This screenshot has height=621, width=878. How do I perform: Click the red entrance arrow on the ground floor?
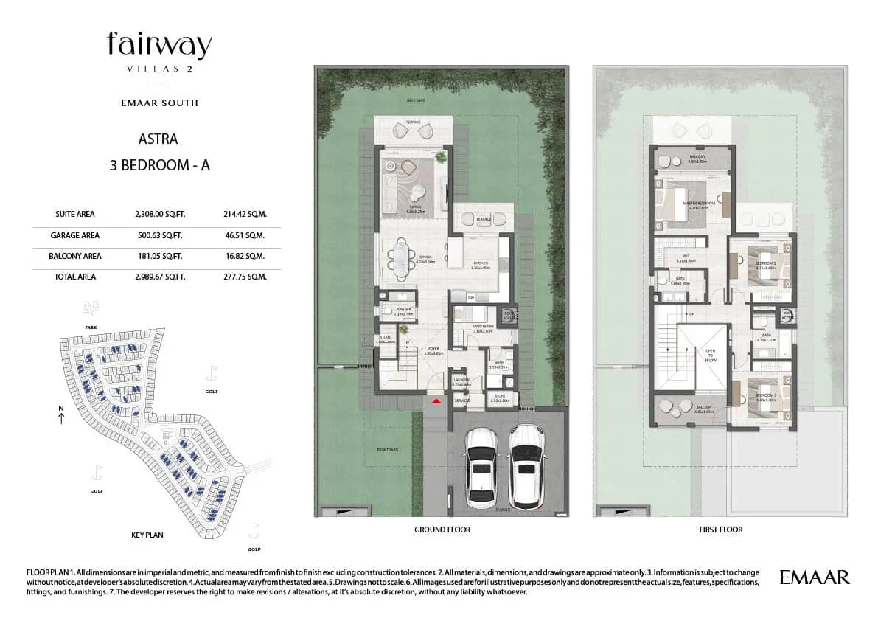click(436, 400)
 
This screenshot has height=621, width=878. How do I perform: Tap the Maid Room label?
click(484, 328)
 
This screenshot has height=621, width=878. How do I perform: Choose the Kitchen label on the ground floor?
click(480, 263)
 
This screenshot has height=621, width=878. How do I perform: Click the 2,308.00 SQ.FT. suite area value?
click(159, 214)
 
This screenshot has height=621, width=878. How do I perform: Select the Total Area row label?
click(76, 277)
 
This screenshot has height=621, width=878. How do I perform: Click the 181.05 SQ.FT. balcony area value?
click(159, 256)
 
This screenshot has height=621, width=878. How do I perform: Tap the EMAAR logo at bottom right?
click(814, 577)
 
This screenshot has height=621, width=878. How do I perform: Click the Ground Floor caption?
click(442, 530)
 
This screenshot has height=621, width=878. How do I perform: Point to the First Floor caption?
click(720, 530)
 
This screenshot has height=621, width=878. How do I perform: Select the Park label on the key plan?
click(91, 325)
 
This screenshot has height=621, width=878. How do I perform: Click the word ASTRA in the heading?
click(158, 139)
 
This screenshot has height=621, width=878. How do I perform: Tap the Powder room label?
click(403, 310)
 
